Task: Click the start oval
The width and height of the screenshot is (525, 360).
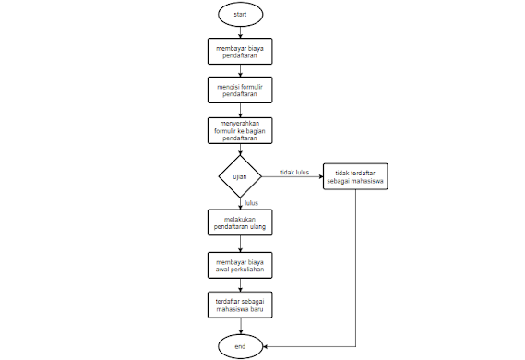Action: pyautogui.click(x=240, y=14)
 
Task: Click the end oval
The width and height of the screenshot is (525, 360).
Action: pyautogui.click(x=240, y=345)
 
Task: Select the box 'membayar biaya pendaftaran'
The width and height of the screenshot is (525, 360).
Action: pyautogui.click(x=240, y=50)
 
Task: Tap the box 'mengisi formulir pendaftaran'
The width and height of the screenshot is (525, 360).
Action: pyautogui.click(x=240, y=90)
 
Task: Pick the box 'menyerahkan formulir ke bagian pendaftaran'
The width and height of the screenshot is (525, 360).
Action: pyautogui.click(x=240, y=130)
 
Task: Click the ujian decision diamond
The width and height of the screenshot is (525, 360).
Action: pyautogui.click(x=240, y=174)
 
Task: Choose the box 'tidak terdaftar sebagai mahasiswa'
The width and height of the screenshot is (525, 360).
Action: pyautogui.click(x=355, y=175)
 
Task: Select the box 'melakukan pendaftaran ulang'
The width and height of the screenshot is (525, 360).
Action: pyautogui.click(x=240, y=222)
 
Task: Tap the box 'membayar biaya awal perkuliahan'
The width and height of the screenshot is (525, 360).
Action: pyautogui.click(x=240, y=265)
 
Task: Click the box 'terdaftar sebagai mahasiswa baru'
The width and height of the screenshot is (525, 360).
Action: pyautogui.click(x=240, y=306)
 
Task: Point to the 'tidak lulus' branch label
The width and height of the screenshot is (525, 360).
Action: pyautogui.click(x=294, y=171)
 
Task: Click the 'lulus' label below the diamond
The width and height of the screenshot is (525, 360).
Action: pyautogui.click(x=251, y=201)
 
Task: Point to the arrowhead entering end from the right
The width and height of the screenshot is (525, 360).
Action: pyautogui.click(x=267, y=345)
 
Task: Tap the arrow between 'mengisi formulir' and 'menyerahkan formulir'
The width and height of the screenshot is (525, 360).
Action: pyautogui.click(x=240, y=109)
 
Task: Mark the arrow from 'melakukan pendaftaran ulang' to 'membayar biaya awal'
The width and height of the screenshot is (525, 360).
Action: pyautogui.click(x=240, y=243)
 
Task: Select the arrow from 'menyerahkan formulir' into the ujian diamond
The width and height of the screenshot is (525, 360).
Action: pyautogui.click(x=240, y=150)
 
